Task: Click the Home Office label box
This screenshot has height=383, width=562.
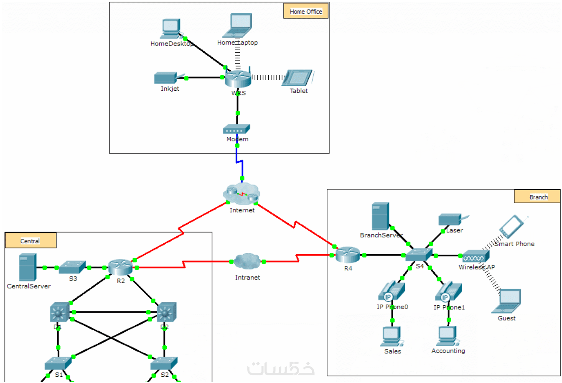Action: pyautogui.click(x=306, y=11)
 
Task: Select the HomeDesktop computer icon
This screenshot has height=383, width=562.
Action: pyautogui.click(x=170, y=28)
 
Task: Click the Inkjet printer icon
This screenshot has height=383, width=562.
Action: pyautogui.click(x=167, y=78)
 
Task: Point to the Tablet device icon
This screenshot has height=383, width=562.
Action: pyautogui.click(x=298, y=78)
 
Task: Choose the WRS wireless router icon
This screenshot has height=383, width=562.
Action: pyautogui.click(x=238, y=78)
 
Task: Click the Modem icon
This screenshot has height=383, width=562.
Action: pyautogui.click(x=236, y=129)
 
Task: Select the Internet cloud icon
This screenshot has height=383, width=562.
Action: pyautogui.click(x=242, y=194)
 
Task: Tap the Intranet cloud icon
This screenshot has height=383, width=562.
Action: pyautogui.click(x=247, y=262)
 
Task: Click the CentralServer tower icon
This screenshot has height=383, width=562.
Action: pyautogui.click(x=28, y=268)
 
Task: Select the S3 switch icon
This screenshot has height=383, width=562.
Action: pyautogui.click(x=72, y=268)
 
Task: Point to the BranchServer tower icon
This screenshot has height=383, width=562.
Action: pyautogui.click(x=380, y=216)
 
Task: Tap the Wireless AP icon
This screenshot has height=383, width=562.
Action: pyautogui.click(x=475, y=256)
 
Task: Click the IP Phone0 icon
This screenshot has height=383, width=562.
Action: pyautogui.click(x=392, y=291)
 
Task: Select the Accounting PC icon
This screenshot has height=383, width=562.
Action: pyautogui.click(x=448, y=336)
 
